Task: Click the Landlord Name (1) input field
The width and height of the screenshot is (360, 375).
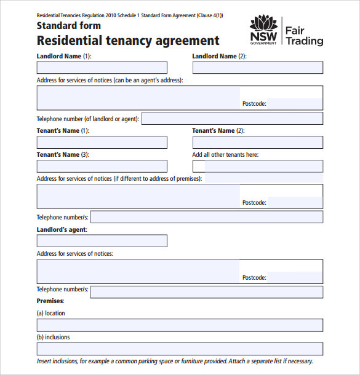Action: coord(102,68)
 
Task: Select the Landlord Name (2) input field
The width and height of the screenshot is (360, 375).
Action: coord(257,68)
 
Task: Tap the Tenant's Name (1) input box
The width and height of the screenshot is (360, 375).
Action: coord(102,143)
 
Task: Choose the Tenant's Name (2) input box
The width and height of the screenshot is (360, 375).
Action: coord(257,143)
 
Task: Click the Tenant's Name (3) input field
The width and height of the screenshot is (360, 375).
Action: coord(102,166)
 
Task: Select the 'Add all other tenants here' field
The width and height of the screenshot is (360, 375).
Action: coord(257,166)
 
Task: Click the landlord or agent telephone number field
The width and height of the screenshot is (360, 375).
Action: coord(232,119)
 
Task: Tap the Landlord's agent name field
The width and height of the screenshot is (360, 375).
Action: coord(102,240)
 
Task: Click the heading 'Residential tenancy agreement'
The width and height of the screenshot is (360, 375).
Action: coord(128,41)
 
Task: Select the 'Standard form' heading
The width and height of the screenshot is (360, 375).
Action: coord(68,26)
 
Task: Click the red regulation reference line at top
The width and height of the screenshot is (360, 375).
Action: coord(130,15)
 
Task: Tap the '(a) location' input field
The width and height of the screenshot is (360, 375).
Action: coord(180,325)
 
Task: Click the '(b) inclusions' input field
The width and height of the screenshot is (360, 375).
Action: coord(180,349)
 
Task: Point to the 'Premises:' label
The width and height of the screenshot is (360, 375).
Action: coord(50,301)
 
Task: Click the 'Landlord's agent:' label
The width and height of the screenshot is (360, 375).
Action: coord(62,229)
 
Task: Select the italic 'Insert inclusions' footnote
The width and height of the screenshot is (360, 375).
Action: coord(175,361)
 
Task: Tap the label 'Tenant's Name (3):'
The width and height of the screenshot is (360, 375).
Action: coord(63,155)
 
